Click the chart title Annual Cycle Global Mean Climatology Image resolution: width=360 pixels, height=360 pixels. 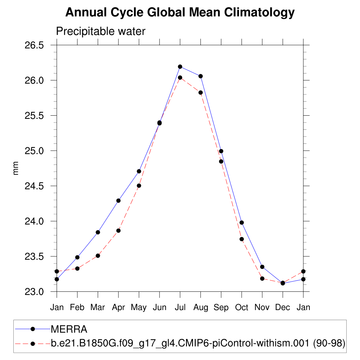(x=180, y=13)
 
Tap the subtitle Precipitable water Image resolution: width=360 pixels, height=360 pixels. (x=101, y=32)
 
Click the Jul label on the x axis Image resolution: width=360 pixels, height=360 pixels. (x=180, y=308)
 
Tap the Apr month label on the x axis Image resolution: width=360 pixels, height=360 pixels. (x=118, y=308)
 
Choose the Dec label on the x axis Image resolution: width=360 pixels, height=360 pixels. (x=283, y=308)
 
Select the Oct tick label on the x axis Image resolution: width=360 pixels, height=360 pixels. (x=242, y=308)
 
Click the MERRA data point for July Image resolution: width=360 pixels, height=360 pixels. (x=180, y=66)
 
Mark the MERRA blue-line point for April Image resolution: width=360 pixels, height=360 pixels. (x=118, y=201)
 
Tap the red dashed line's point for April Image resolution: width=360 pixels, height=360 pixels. (x=118, y=231)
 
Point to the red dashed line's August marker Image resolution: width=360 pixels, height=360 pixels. (x=200, y=92)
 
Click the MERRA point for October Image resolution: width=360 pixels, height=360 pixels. (x=242, y=223)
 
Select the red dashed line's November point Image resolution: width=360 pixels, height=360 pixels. (x=262, y=278)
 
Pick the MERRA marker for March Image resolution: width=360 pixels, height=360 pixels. (x=98, y=232)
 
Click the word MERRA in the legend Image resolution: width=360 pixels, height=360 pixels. (x=69, y=329)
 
